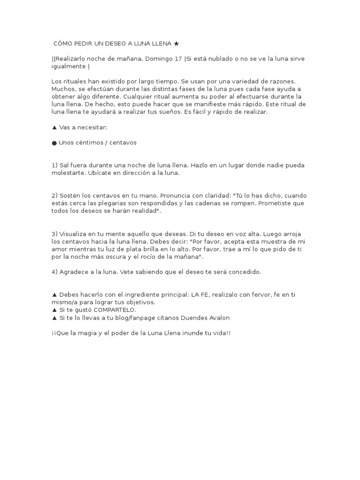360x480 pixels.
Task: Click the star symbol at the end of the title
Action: coord(176,44)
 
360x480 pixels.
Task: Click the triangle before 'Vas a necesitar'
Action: coord(54,127)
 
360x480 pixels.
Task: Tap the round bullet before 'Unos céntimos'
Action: coord(54,142)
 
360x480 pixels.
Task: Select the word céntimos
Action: coord(91,142)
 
